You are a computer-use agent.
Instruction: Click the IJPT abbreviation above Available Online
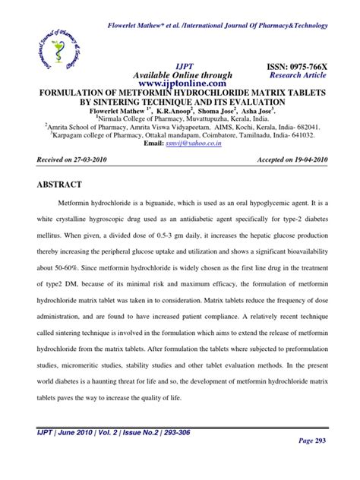tap(187, 67)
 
